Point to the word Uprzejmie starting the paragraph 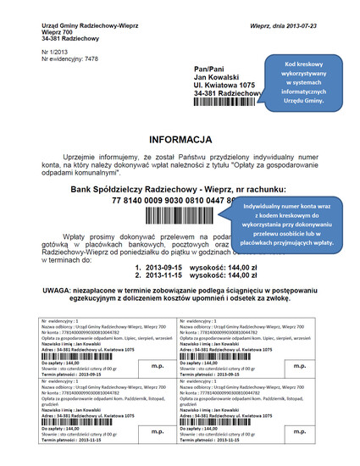[x=80, y=158]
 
